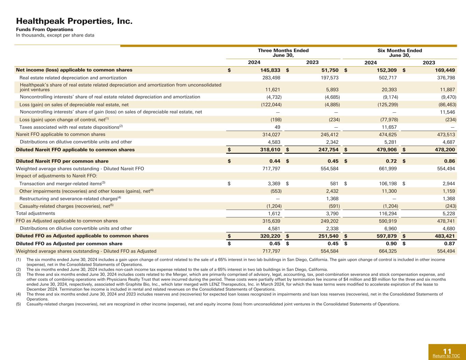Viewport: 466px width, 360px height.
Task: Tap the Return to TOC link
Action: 446,356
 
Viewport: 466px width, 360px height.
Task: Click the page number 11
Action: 447,351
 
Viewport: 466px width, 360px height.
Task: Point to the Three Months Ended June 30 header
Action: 283,53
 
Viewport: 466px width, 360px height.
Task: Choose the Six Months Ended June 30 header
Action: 399,53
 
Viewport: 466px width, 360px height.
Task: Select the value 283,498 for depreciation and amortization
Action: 270,78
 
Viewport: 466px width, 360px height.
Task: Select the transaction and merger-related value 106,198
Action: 386,184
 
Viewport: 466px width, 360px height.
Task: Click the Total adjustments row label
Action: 36,213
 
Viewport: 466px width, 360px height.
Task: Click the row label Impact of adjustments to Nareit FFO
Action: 57,176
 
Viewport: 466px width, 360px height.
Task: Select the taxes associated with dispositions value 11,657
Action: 388,127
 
